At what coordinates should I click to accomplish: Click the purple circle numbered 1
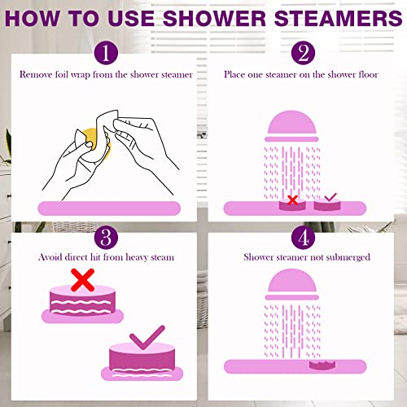click(x=103, y=55)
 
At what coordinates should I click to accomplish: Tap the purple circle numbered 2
click(x=303, y=55)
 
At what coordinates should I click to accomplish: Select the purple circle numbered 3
click(x=103, y=239)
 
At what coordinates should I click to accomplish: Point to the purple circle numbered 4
click(x=303, y=239)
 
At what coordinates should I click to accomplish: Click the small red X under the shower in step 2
click(x=291, y=199)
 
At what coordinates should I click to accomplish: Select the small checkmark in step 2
click(x=330, y=198)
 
